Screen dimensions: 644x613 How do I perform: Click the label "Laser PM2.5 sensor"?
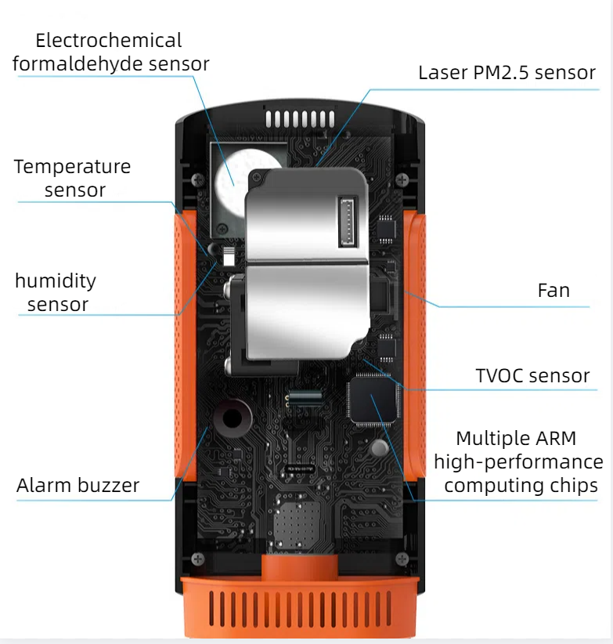pos(507,73)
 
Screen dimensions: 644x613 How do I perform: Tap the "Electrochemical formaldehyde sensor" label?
pos(110,52)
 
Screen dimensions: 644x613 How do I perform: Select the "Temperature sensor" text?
pos(73,178)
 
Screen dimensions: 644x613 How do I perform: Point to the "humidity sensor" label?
pos(56,292)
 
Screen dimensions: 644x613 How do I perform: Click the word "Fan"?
pos(554,291)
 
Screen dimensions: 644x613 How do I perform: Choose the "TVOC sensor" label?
pos(532,375)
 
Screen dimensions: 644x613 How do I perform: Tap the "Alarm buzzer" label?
pos(78,485)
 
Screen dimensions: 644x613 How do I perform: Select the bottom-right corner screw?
pos(402,559)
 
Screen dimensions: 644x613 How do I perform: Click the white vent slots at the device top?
pos(299,120)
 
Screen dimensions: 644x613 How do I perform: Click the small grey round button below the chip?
pos(380,447)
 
